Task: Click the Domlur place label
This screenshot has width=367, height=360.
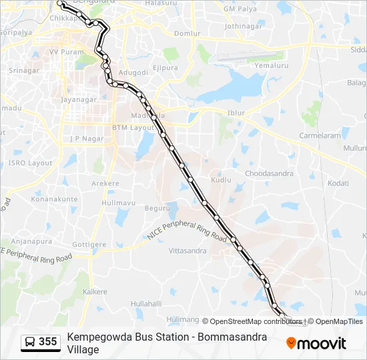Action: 186,33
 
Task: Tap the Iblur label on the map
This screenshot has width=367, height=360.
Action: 237,113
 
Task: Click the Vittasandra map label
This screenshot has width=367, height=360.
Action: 188,251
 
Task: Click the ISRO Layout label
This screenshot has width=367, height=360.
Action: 30,163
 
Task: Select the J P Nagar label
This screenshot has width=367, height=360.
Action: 83,139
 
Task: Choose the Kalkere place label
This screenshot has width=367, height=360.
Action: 94,292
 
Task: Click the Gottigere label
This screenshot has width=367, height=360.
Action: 89,245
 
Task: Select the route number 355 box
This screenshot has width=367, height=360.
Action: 41,342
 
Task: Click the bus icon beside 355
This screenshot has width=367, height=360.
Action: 30,342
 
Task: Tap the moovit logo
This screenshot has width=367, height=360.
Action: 316,343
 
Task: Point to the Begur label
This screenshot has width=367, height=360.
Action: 157,208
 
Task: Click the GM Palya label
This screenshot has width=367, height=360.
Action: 240,9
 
